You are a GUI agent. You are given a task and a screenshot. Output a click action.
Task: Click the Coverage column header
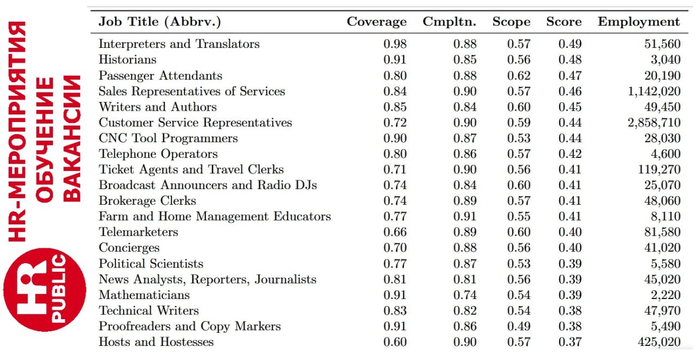pos(376,21)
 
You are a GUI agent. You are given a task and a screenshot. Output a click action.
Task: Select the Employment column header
pos(639,22)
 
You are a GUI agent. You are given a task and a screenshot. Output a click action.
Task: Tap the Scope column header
pos(511,22)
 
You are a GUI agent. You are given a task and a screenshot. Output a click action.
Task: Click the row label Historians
pos(127,59)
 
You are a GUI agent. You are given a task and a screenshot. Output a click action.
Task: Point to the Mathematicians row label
pos(144,295)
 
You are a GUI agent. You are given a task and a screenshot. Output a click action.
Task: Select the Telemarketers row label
pos(138,232)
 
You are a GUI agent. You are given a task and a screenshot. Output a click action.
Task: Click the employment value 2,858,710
pos(654,123)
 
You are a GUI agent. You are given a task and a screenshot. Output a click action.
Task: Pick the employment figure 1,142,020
pos(654,91)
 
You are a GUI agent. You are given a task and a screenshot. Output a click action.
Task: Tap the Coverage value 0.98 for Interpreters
pos(395,44)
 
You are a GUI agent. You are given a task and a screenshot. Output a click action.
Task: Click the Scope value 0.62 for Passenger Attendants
pos(519,76)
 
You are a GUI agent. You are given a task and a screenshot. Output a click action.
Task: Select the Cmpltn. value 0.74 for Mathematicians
pos(465,295)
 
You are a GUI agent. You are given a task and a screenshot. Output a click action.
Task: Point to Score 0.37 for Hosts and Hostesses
pos(570,341)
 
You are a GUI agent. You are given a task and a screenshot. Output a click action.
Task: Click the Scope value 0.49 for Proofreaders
pos(519,326)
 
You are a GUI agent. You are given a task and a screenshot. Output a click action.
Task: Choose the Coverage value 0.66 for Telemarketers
pos(395,232)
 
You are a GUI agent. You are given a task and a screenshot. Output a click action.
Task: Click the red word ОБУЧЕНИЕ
pos(44,140)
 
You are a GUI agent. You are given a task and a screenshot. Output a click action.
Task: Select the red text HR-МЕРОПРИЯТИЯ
pos(17,131)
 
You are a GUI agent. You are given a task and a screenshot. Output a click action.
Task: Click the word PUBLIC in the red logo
pos(58,288)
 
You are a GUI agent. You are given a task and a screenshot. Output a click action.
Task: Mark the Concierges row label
pos(129,248)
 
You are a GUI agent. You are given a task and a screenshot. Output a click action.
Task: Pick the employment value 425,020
pos(659,341)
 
